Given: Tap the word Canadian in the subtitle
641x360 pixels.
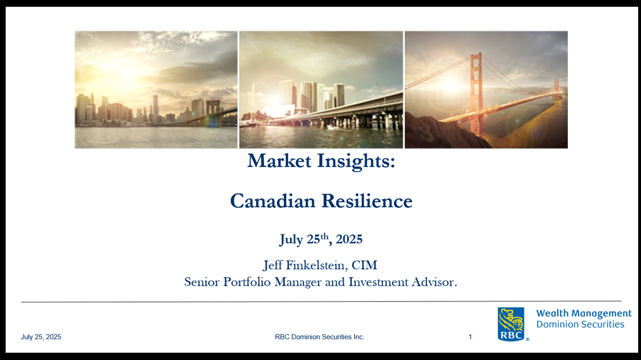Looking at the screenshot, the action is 273,201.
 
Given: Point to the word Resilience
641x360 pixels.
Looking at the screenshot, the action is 367,201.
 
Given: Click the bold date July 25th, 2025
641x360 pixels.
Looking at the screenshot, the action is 321,239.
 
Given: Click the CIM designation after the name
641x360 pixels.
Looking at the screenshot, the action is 364,265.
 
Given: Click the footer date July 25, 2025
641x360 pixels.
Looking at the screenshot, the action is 41,337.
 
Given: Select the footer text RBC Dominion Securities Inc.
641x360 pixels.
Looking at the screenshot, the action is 319,337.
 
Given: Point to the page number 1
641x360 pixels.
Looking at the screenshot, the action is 470,337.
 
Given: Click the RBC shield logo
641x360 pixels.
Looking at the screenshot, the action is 511,324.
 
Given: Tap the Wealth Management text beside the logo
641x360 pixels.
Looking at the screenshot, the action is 584,313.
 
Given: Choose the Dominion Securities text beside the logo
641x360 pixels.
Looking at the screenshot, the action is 581,325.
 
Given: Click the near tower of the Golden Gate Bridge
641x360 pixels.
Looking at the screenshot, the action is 475,94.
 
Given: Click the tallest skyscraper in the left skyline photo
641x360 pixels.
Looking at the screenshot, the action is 156,108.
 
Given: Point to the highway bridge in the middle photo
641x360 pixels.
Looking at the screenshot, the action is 339,113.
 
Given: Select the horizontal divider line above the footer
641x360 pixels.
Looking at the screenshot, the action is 321,301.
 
